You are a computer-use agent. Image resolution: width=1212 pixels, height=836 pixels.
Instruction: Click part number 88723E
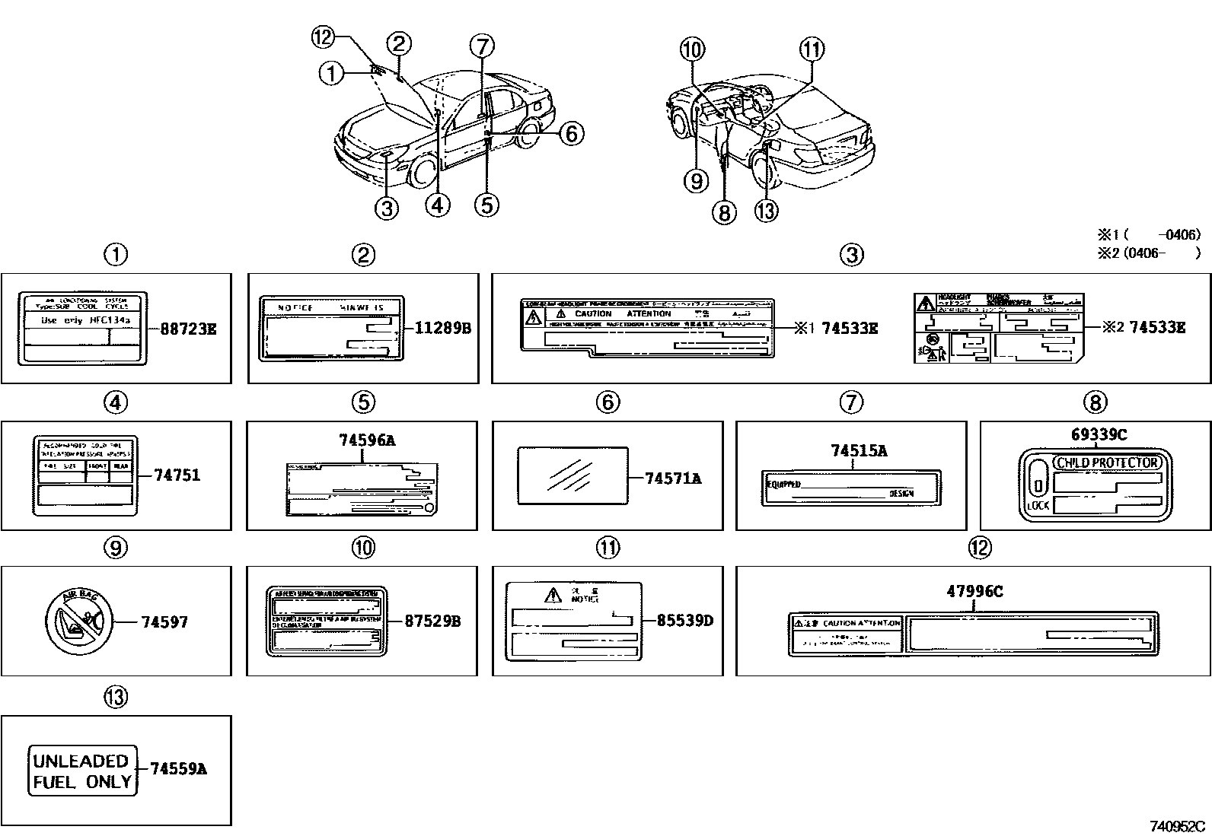[x=188, y=329]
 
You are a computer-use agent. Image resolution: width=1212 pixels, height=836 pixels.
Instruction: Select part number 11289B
[x=443, y=329]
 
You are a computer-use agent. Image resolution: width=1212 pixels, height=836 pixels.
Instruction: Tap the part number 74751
[x=177, y=475]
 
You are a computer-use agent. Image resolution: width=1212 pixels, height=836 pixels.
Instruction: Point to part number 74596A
[x=363, y=440]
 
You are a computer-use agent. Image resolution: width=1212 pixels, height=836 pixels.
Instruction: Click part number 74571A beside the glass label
[x=672, y=478]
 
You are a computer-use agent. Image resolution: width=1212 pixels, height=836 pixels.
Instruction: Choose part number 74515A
[x=858, y=450]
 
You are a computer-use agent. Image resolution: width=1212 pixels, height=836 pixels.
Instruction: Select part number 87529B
[x=432, y=621]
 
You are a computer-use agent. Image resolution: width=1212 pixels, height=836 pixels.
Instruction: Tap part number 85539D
[x=684, y=621]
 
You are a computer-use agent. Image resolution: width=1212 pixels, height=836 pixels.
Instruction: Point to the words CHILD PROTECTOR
[x=1108, y=463]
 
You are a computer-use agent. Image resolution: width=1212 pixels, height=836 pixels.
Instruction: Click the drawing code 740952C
[x=1177, y=826]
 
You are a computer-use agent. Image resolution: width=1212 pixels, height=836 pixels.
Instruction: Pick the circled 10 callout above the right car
[x=692, y=50]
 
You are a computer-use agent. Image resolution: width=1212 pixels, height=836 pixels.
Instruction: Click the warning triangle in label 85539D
[x=552, y=595]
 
